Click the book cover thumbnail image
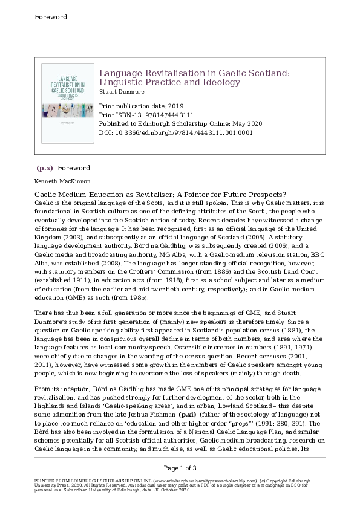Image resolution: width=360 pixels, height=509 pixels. click(x=66, y=104)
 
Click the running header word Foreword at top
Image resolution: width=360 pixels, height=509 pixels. click(x=50, y=17)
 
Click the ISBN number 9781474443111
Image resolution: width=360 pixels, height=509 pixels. click(x=163, y=114)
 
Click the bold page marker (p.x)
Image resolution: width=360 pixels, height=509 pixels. click(x=45, y=168)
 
